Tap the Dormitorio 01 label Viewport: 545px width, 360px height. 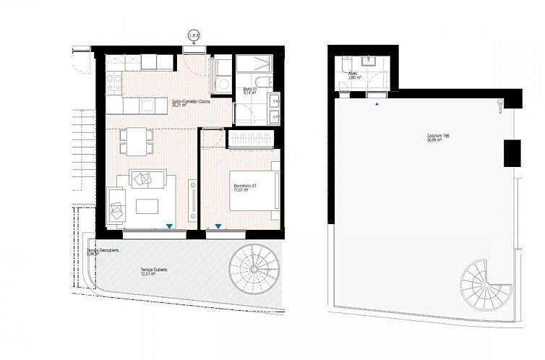point(246,187)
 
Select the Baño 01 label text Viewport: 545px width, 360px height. point(249,91)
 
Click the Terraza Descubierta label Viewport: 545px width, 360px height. point(102,252)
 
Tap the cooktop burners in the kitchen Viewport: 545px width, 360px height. point(113,84)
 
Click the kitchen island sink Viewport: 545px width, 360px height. point(147,106)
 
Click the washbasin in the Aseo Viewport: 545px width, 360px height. point(373,61)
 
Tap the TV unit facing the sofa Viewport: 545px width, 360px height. point(192,201)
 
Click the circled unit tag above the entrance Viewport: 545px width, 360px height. point(193,35)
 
